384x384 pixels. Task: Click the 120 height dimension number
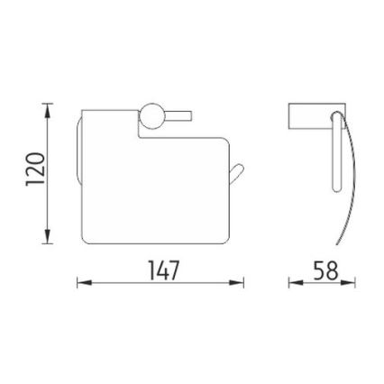pyautogui.click(x=34, y=172)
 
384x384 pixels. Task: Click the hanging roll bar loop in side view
pyautogui.click(x=335, y=153)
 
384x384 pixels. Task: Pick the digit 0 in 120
pyautogui.click(x=34, y=157)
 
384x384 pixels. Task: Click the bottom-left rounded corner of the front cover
pyautogui.click(x=85, y=239)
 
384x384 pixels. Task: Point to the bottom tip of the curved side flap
pyautogui.click(x=338, y=243)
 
